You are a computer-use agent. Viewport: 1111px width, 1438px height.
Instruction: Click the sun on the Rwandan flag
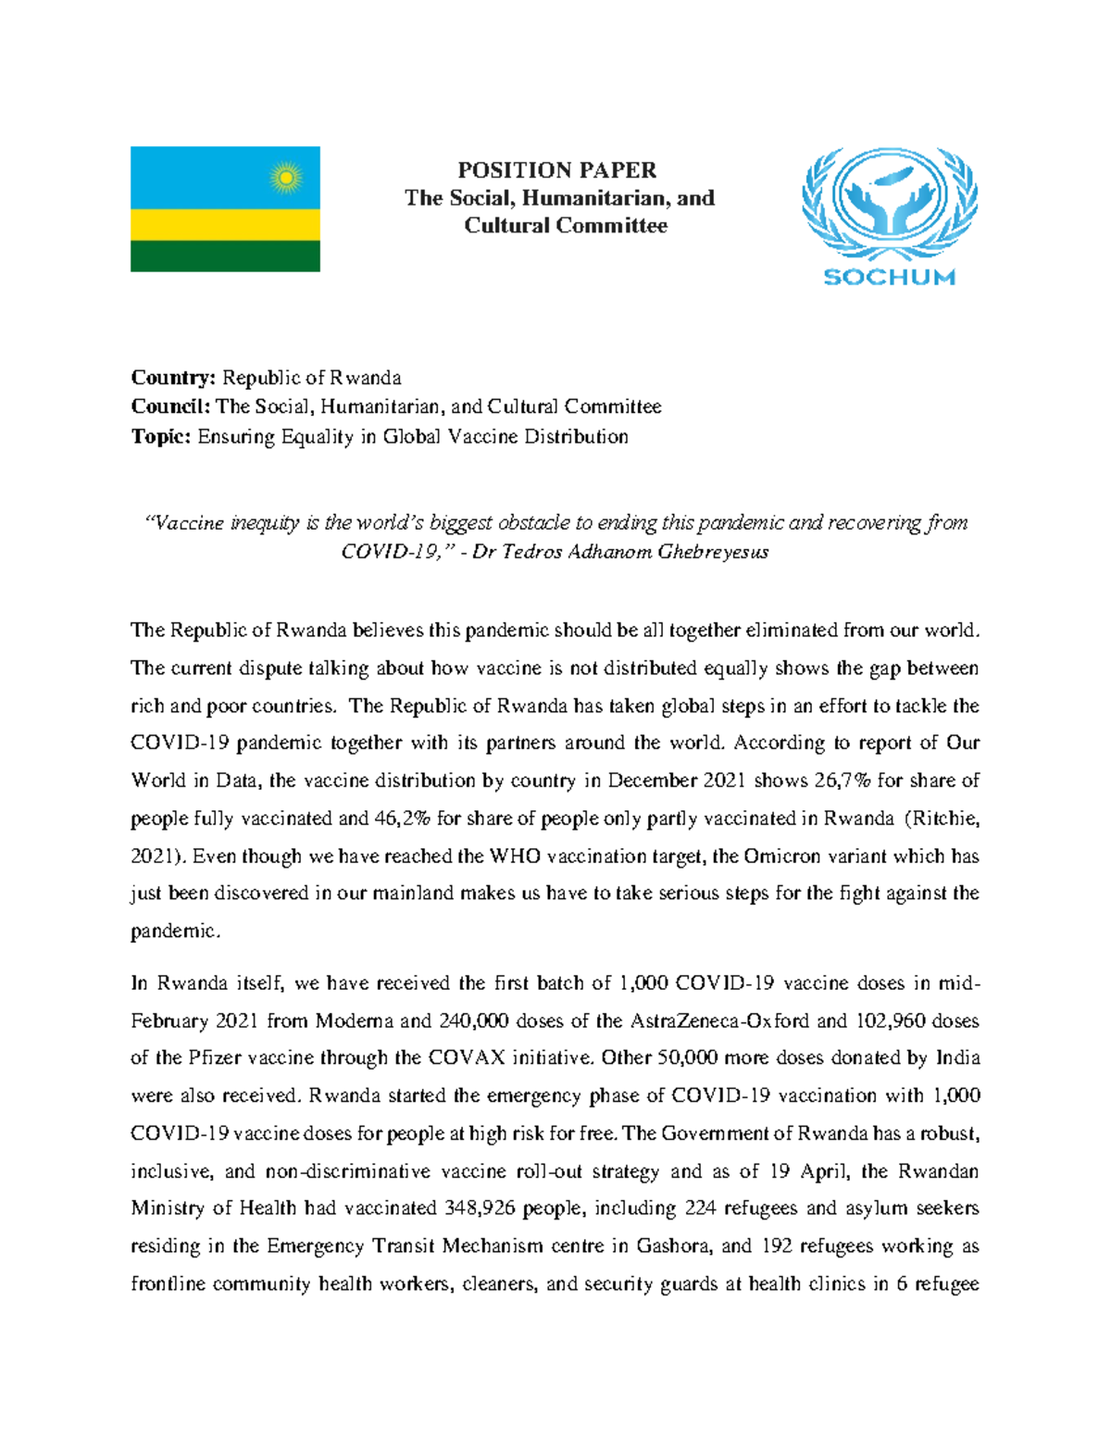tap(286, 177)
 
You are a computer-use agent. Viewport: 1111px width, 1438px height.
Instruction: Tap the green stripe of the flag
tap(225, 256)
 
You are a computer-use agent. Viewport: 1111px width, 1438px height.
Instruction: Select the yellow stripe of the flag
tap(225, 224)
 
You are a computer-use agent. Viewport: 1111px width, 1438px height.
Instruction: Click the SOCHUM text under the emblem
tap(889, 277)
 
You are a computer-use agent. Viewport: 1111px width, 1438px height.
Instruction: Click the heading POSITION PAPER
tap(557, 170)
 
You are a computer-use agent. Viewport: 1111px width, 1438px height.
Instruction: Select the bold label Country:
tap(173, 378)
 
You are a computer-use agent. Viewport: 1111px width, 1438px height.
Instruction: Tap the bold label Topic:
tap(161, 437)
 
